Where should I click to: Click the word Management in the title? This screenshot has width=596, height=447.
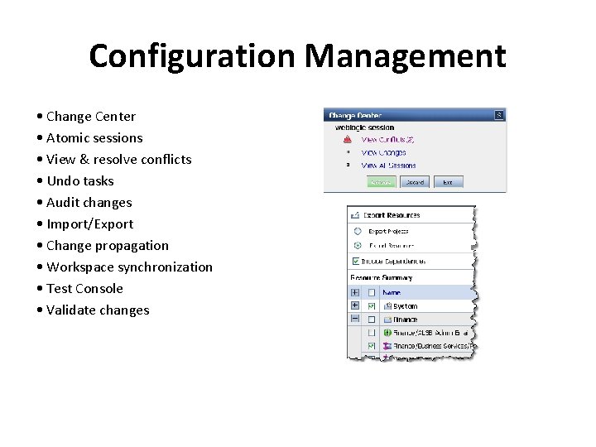click(x=405, y=56)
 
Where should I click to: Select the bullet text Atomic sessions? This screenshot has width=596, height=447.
click(x=94, y=138)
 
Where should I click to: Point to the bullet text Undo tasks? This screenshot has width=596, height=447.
click(x=80, y=181)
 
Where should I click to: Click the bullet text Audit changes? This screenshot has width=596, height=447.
click(x=89, y=203)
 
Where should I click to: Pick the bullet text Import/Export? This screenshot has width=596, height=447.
click(x=89, y=224)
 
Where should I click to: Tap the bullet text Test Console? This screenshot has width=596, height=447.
click(x=84, y=289)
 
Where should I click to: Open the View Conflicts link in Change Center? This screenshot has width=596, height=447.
click(x=387, y=140)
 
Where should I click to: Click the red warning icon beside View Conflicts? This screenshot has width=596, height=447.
click(x=348, y=140)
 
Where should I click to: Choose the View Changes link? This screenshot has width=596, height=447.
click(x=383, y=152)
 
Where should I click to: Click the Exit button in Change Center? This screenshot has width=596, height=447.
click(x=447, y=182)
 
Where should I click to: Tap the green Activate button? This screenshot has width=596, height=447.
click(x=381, y=182)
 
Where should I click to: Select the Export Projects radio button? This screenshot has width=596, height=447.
click(x=357, y=232)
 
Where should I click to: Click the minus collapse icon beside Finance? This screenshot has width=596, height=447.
click(x=355, y=319)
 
